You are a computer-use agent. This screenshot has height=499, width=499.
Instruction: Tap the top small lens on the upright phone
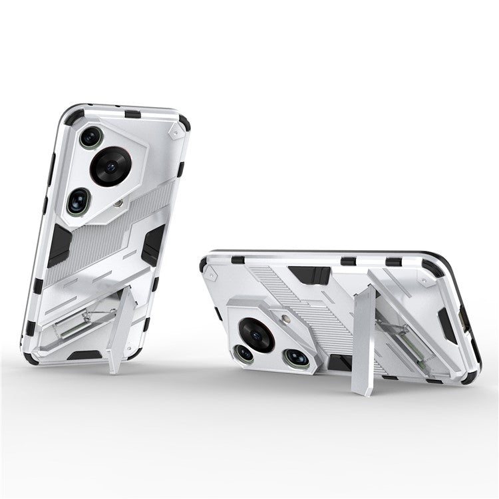(x=90, y=137)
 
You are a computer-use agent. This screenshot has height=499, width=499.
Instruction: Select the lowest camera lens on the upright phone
(x=79, y=201)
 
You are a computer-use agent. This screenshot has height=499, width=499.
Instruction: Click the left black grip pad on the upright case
(x=60, y=245)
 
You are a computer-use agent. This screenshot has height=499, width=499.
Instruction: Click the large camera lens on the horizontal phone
(x=257, y=334)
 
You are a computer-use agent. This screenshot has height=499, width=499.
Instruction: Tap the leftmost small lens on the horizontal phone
(x=245, y=353)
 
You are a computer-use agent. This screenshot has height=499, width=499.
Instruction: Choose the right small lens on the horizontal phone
(x=296, y=357)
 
